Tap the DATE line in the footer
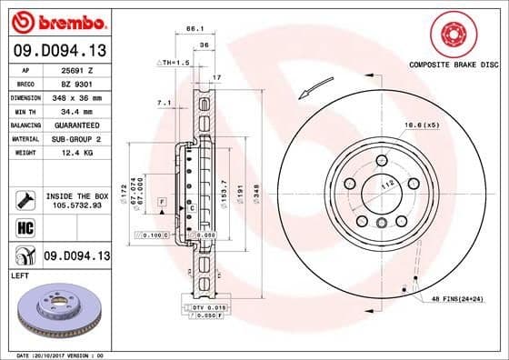click(64, 355)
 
